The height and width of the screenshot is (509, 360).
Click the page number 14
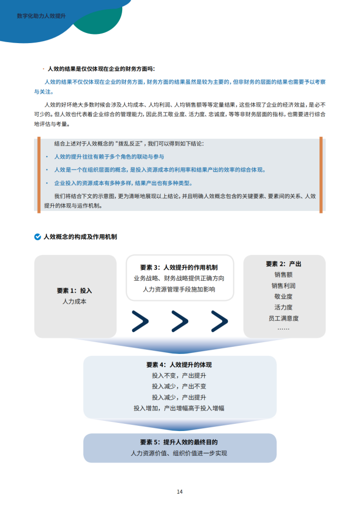(179, 491)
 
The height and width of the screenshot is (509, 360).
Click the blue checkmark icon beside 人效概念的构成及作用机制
(37, 236)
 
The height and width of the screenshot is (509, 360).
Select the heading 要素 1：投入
(74, 290)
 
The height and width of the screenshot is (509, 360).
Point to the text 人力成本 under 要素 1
(74, 302)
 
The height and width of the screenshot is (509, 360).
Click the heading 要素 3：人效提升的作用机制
(179, 267)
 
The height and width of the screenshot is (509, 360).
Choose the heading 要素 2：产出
(283, 264)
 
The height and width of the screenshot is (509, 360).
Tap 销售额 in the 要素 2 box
(283, 275)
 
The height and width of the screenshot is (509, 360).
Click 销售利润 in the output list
(283, 285)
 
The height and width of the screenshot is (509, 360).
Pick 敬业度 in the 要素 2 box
(283, 297)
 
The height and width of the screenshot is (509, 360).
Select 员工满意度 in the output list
(283, 318)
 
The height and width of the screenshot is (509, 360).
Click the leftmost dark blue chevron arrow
(140, 321)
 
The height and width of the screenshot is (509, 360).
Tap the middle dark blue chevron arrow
(179, 321)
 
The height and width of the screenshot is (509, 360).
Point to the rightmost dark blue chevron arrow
(219, 321)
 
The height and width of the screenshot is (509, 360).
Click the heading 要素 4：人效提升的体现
(179, 365)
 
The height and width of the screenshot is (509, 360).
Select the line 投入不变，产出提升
(179, 376)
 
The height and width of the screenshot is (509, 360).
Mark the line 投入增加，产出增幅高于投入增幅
(179, 408)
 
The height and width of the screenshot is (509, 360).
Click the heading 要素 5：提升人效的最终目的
(179, 442)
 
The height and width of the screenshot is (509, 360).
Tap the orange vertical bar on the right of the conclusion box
(321, 174)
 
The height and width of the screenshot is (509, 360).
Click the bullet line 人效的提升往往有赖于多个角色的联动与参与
(109, 157)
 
